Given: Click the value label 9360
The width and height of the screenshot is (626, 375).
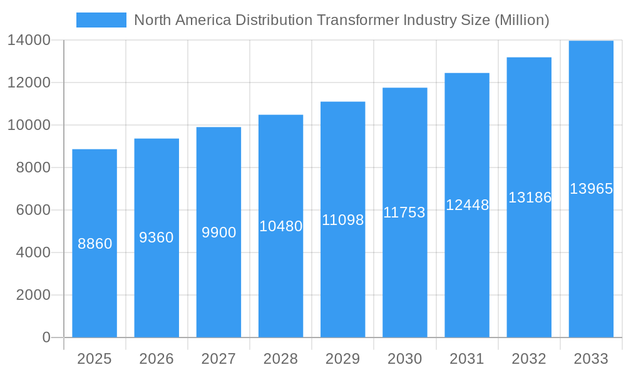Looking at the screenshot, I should [156, 237].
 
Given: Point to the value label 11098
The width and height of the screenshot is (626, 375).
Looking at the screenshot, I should [342, 220].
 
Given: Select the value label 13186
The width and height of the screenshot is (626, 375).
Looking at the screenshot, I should [529, 197].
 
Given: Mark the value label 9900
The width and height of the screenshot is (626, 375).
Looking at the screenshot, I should [218, 232].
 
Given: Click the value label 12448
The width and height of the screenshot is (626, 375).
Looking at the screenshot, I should [467, 205].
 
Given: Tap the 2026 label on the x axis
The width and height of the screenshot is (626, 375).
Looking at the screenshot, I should [156, 359].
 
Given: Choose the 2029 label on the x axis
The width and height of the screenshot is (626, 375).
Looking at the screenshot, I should [342, 359].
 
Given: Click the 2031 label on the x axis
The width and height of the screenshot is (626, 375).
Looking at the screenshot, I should [467, 359].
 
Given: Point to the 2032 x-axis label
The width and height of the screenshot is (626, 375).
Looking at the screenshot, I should [529, 359].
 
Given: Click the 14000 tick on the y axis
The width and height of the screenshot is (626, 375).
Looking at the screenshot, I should [29, 40].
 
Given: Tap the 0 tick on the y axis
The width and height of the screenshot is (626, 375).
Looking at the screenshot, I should [46, 337].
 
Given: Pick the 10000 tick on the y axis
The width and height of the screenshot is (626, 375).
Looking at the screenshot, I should [29, 125].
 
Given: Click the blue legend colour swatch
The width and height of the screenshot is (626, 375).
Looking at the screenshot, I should [101, 20].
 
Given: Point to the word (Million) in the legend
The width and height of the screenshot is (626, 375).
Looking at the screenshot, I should [521, 20].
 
